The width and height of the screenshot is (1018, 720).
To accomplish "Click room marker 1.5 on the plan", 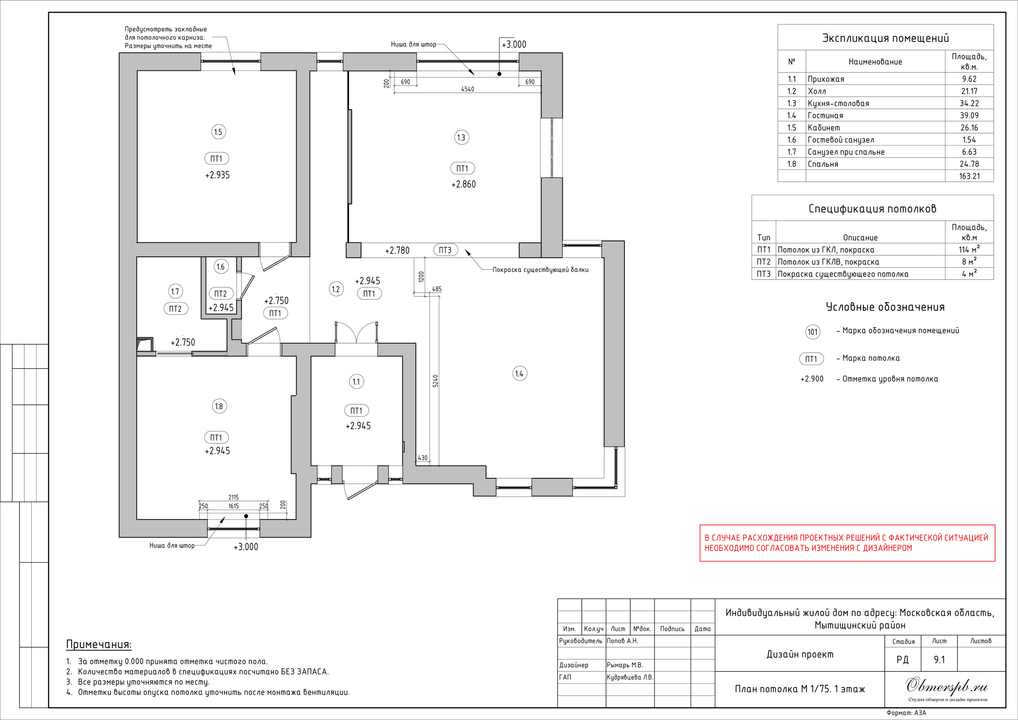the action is pyautogui.click(x=218, y=132).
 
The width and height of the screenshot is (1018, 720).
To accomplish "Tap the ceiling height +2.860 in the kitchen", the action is pyautogui.click(x=463, y=184).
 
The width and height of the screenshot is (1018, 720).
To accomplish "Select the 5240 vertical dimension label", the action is pyautogui.click(x=435, y=381).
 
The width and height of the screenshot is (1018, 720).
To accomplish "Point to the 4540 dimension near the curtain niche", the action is pyautogui.click(x=467, y=89).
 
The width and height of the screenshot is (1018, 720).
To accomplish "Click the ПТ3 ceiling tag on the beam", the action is pyautogui.click(x=445, y=250).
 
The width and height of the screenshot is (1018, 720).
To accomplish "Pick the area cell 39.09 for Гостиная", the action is pyautogui.click(x=969, y=115).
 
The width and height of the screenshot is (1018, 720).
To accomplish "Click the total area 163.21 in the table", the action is pyautogui.click(x=969, y=176).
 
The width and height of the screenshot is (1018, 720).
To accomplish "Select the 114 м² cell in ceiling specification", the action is pyautogui.click(x=969, y=250).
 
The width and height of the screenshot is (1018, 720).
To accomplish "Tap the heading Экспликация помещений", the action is pyautogui.click(x=886, y=38).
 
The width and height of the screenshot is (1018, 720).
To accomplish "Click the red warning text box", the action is pyautogui.click(x=847, y=543).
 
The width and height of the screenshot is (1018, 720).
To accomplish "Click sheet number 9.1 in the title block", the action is pyautogui.click(x=939, y=660).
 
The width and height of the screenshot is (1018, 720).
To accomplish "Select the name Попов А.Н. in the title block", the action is pyautogui.click(x=622, y=640).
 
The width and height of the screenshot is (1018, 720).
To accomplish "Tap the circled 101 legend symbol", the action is pyautogui.click(x=812, y=332).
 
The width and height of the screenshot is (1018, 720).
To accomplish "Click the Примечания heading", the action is pyautogui.click(x=99, y=644).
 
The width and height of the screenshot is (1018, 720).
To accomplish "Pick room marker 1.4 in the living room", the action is pyautogui.click(x=519, y=374).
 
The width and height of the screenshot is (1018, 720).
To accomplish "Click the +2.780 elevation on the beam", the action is pyautogui.click(x=397, y=250).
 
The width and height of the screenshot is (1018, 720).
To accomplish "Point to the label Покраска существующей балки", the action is pyautogui.click(x=540, y=270).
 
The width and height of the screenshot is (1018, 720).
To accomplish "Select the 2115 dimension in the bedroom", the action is pyautogui.click(x=234, y=497).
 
